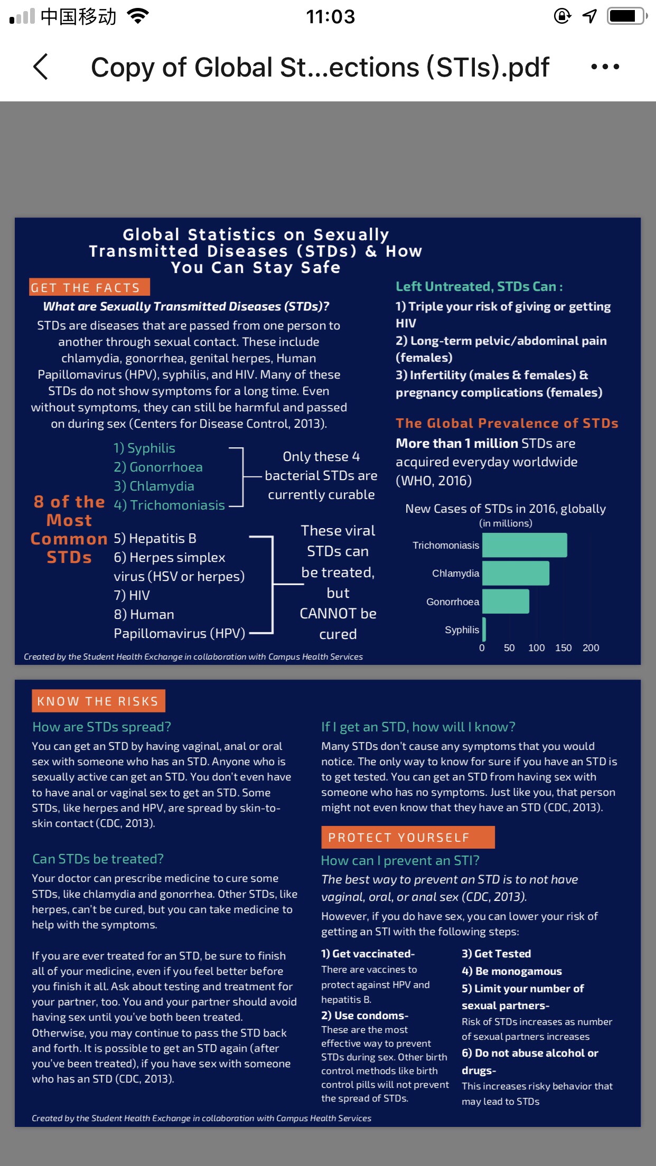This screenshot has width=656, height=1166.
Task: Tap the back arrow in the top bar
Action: click(41, 67)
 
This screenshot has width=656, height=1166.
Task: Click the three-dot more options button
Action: click(605, 67)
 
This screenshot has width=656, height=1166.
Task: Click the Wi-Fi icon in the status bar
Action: click(138, 16)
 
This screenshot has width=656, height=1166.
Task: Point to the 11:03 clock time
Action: click(331, 17)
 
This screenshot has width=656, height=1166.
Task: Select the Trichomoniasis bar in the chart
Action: click(524, 545)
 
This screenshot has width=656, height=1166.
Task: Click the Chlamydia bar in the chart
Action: click(516, 573)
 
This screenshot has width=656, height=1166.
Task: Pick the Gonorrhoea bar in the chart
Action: click(505, 601)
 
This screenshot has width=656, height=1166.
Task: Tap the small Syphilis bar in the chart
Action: click(484, 629)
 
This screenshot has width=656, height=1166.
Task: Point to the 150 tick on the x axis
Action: click(563, 648)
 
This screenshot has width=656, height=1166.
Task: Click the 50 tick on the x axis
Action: click(509, 648)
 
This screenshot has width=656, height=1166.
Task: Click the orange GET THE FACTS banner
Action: click(90, 287)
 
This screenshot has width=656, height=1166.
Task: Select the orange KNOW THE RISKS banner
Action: click(98, 701)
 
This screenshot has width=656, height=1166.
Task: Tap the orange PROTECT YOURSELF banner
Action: click(408, 837)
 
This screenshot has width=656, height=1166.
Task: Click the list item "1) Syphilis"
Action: click(144, 448)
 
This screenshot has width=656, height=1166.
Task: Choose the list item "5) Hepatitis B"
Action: click(155, 538)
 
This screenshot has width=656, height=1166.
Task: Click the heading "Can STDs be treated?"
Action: click(98, 859)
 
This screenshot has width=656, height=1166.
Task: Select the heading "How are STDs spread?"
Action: click(102, 727)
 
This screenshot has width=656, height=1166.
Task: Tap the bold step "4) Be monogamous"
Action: click(511, 971)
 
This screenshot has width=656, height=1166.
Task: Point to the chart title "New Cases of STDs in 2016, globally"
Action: click(505, 509)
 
